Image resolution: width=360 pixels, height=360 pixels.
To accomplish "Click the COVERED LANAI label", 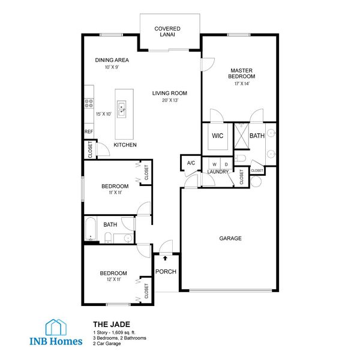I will coord(167,32).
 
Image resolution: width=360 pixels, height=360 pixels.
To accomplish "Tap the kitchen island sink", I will coord(122,109).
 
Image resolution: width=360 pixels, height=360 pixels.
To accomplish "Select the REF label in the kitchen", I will coord(88,131).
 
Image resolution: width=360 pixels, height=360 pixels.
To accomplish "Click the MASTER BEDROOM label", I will coord(242,73).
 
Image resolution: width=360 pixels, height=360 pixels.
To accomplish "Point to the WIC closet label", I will coord(218,136).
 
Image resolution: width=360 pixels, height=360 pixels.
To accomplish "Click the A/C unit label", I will coord(191,163).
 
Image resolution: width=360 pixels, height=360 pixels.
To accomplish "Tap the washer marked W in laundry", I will coord(213,164).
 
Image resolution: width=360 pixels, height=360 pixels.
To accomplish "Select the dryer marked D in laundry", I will coord(226,164).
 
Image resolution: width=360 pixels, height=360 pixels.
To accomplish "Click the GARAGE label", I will coord(230,238).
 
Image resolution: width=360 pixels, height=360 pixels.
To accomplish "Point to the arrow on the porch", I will coord(166,259).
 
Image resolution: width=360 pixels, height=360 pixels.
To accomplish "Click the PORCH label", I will coord(166,272).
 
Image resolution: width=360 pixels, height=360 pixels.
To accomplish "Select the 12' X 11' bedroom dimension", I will coord(113,280).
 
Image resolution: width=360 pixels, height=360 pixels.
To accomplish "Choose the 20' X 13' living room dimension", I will coord(170,100).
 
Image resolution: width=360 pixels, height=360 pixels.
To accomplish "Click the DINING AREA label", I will coord(112,60).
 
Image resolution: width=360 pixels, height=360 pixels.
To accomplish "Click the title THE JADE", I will coord(108,324).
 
